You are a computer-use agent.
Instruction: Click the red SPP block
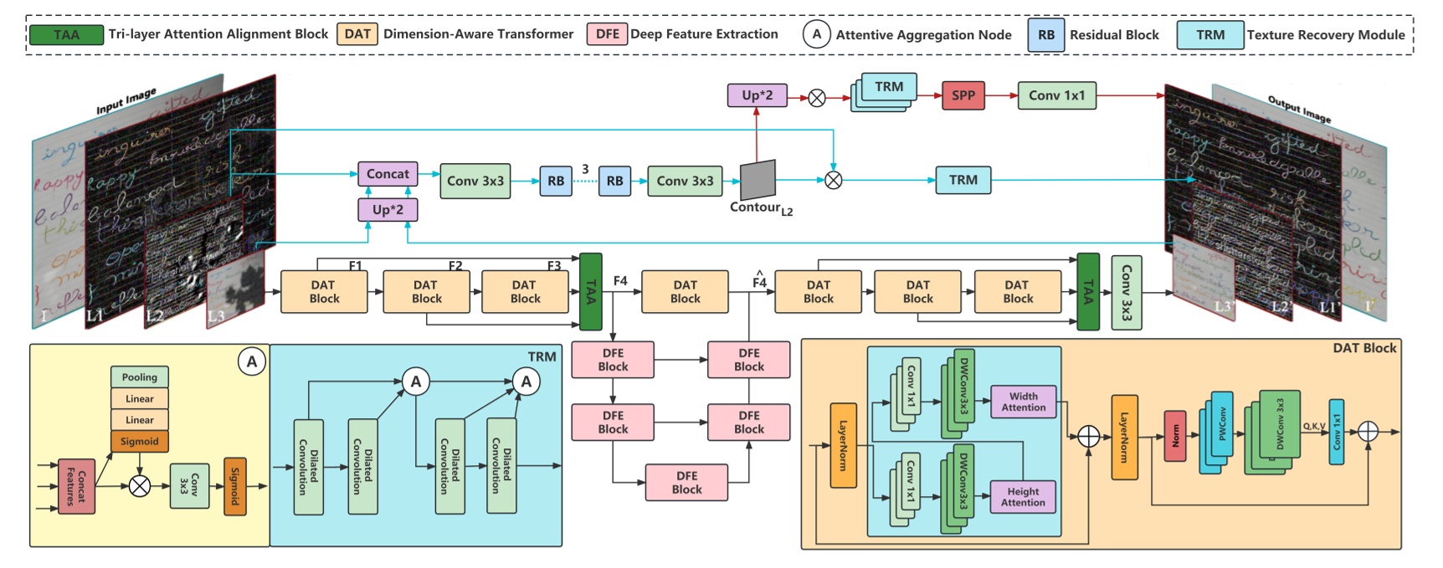pos(963,95)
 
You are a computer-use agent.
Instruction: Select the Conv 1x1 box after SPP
pos(1056,95)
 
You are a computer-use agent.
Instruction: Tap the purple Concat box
pos(388,174)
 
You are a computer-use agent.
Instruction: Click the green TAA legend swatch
pos(66,34)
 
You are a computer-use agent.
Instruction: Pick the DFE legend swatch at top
pos(608,34)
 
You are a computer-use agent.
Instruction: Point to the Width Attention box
pos(1023,402)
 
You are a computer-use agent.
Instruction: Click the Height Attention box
pos(1023,497)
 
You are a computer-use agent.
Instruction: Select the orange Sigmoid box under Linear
pos(140,441)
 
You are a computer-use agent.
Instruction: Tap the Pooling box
pos(140,377)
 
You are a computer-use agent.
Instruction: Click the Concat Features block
pos(76,486)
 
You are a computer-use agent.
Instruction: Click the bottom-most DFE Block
pos(686,483)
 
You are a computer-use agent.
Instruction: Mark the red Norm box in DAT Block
pos(1175,436)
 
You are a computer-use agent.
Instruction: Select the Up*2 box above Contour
pos(757,95)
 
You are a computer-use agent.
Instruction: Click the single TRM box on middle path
pos(963,180)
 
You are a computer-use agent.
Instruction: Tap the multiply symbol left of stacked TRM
pos(817,98)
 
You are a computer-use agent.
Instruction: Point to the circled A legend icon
pos(816,34)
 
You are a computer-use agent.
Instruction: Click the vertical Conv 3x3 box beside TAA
pos(1126,293)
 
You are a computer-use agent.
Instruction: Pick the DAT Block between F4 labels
pos(685,292)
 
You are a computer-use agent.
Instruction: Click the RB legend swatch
pos(1045,35)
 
